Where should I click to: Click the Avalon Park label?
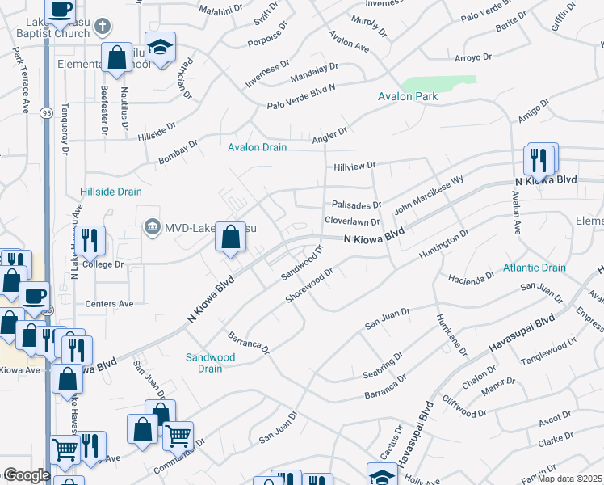pos(408,96)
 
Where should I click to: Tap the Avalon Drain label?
pos(257,147)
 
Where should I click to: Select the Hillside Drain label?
pos(111,192)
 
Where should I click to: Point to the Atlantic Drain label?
pos(534,267)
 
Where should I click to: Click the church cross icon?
pos(102,27)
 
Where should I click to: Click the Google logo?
pos(27,475)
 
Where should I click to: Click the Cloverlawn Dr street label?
pos(351,221)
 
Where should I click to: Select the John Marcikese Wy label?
pos(428,196)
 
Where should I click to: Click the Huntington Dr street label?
pos(443,245)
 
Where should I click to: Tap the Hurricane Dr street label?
pos(451,335)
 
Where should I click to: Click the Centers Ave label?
pos(109,304)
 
